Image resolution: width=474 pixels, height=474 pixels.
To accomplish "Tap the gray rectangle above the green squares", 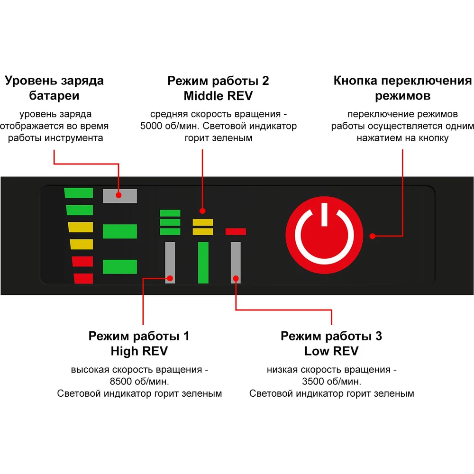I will [120, 196].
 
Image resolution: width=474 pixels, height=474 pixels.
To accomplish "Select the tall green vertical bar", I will [203, 262].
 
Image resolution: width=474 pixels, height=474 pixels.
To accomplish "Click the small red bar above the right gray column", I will [236, 231].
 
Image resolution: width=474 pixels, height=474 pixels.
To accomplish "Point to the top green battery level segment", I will [79, 193].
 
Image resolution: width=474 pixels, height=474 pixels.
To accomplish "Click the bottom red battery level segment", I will [84, 279].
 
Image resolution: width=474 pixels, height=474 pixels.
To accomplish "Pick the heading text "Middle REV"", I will [218, 96].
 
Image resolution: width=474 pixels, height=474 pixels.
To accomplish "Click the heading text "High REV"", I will [139, 351].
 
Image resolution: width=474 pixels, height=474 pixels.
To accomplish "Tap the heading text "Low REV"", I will [331, 351].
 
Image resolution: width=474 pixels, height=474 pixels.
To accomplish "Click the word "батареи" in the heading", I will [54, 96].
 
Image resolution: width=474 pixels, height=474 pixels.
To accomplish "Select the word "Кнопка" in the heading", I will [356, 81].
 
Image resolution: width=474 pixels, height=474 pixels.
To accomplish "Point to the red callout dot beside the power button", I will [373, 235].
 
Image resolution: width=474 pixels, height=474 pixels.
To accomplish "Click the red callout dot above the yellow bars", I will [202, 211].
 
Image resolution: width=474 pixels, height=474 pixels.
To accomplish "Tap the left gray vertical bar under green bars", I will [170, 262].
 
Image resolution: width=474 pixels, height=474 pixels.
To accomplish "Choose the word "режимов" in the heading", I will [402, 96].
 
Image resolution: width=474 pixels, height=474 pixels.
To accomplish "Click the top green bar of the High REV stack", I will [170, 213].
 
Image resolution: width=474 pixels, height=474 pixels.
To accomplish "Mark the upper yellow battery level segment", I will [80, 227].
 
